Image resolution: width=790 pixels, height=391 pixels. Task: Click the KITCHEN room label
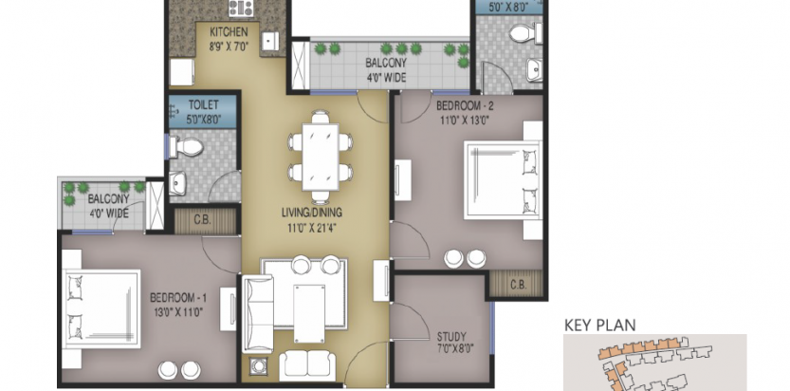tap(229, 32)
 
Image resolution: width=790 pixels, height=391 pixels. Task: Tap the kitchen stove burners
tap(241, 8)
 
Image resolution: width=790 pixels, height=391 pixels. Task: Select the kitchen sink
tap(270, 41)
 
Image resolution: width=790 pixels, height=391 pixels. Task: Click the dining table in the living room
tap(320, 157)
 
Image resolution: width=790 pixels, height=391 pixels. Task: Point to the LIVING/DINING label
tap(312, 214)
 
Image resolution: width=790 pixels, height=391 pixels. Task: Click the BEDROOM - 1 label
tap(178, 298)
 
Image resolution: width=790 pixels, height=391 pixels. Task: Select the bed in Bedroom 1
tap(102, 307)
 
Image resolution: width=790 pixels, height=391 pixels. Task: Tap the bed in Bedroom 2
tap(503, 180)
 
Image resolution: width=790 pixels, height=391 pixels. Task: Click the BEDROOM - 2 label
tap(465, 106)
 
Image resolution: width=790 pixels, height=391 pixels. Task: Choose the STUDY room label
tap(451, 336)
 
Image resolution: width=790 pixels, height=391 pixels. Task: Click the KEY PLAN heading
tap(599, 325)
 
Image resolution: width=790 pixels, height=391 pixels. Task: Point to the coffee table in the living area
tap(309, 313)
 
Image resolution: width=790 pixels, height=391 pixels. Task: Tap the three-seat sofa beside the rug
tap(258, 313)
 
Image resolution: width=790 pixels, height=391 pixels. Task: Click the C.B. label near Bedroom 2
tap(518, 285)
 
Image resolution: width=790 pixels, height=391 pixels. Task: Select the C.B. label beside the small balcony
tap(202, 221)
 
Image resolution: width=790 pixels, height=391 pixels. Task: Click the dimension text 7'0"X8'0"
tap(452, 347)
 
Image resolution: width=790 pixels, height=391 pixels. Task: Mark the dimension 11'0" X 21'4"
tap(312, 227)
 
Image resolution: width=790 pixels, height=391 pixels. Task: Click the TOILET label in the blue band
tap(203, 104)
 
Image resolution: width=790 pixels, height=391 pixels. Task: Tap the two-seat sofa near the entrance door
tap(307, 365)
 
